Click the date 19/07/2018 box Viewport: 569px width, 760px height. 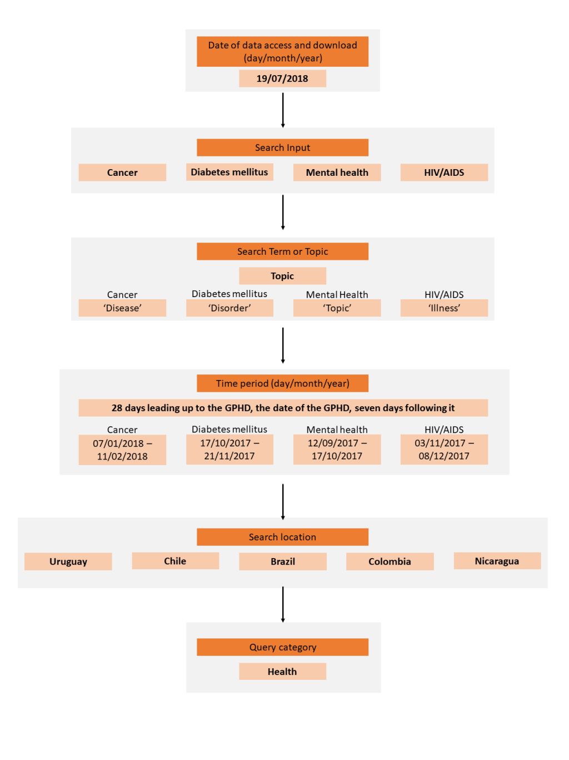coord(282,78)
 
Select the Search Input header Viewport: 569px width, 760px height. coord(282,147)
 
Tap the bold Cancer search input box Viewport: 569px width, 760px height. coord(122,172)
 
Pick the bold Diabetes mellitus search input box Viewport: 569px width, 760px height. coord(229,172)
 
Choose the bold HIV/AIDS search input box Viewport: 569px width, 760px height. coord(444,172)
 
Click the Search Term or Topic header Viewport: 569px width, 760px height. coord(282,251)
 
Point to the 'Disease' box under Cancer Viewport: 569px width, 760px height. coord(122,308)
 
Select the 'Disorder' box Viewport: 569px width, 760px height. coord(229,308)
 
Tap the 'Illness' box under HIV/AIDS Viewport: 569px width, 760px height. coord(444,308)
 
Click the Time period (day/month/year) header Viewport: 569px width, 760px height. coord(282,383)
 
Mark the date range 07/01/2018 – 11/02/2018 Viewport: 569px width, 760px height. coord(122,450)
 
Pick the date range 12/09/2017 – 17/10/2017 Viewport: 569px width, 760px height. coord(337,450)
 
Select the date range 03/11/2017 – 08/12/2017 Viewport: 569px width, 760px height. coord(444,450)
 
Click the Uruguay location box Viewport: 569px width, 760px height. coord(68,561)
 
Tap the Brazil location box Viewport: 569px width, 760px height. coord(283,561)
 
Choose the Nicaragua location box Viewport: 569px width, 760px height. coord(497,561)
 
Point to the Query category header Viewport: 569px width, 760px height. coord(282,647)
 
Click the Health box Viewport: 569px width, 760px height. coord(282,672)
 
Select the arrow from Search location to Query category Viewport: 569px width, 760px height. coord(283,605)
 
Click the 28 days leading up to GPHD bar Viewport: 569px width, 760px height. coord(283,408)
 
